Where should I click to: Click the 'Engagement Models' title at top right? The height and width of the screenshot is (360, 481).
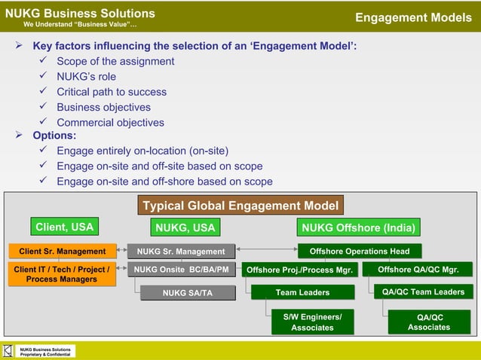(x=413, y=17)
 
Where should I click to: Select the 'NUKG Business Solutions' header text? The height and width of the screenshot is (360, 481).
(x=80, y=14)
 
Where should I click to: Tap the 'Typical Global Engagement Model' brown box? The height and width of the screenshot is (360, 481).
(x=240, y=206)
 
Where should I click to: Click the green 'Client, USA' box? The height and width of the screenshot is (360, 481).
(x=64, y=226)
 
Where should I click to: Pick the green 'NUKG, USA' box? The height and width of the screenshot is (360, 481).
(x=185, y=227)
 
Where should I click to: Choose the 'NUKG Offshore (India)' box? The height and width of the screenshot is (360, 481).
(x=359, y=227)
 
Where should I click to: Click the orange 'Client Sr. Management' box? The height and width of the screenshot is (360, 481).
(x=62, y=251)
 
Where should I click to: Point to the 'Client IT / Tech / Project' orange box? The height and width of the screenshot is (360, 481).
(x=62, y=274)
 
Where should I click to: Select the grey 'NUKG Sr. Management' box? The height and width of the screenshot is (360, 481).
(x=181, y=252)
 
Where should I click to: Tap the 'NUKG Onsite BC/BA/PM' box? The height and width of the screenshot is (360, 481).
(x=181, y=269)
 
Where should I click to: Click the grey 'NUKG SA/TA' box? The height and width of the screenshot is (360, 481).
(x=188, y=293)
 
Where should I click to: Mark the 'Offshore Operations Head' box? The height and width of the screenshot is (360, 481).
(x=360, y=251)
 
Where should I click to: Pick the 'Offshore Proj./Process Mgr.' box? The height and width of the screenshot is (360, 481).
(x=299, y=270)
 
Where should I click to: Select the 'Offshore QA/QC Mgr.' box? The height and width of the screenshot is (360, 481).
(x=417, y=269)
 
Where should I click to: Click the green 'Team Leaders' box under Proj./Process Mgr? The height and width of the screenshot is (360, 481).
(x=302, y=292)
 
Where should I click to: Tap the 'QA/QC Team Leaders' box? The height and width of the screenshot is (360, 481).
(x=423, y=291)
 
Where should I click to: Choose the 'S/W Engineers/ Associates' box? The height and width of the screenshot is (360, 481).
(x=312, y=322)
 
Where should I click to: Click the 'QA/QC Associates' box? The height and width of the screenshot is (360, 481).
(x=428, y=322)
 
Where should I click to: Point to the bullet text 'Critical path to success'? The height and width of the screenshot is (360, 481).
(x=112, y=92)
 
